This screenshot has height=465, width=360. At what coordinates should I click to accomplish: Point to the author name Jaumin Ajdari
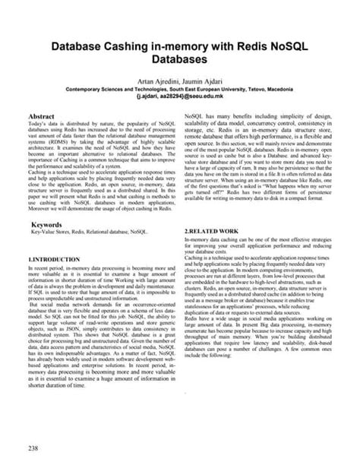coord(206,80)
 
